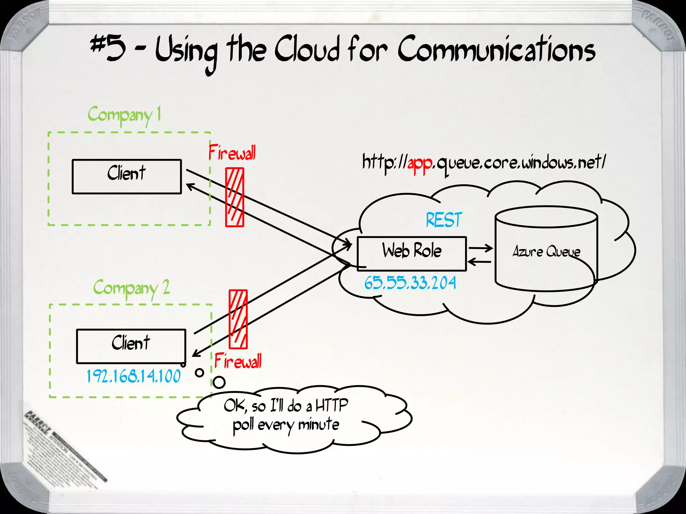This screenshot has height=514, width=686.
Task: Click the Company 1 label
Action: (x=124, y=115)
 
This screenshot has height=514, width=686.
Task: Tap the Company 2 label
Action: (x=131, y=288)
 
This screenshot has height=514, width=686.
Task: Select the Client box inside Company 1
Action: (x=127, y=176)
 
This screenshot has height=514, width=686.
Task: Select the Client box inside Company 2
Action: (x=131, y=346)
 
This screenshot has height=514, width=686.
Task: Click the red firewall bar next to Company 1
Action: (x=234, y=197)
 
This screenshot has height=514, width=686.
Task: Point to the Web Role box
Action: (x=412, y=253)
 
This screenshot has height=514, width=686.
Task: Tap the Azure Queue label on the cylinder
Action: (x=546, y=252)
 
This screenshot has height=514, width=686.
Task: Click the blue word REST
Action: (x=444, y=220)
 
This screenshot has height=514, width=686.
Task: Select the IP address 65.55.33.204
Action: (x=410, y=283)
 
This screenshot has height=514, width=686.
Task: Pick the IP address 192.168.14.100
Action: (x=134, y=376)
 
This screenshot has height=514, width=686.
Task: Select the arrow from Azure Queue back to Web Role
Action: (x=479, y=262)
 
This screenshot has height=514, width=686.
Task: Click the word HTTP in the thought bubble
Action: (x=332, y=405)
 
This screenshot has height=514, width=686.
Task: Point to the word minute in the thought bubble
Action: (x=319, y=424)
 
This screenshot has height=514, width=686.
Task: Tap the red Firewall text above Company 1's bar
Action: (x=232, y=153)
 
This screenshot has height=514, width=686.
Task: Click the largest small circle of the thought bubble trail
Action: (x=219, y=382)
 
